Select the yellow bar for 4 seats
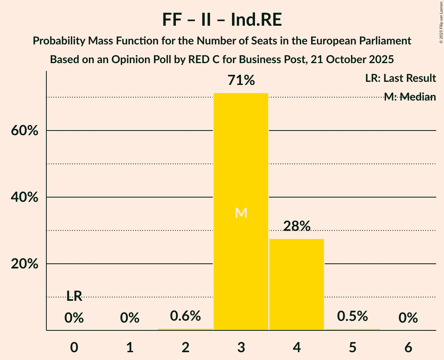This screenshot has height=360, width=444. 297,284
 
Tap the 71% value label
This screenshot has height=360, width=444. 241,81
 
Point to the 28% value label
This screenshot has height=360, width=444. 297,226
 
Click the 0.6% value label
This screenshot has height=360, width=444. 186,316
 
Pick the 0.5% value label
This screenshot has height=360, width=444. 352,316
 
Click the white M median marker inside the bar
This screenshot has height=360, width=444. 241,213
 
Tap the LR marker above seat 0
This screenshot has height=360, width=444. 74,296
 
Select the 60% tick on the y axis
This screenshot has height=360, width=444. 25,131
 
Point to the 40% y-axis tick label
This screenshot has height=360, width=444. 25,198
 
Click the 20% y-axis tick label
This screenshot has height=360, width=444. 25,264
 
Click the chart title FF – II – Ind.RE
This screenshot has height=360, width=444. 222,20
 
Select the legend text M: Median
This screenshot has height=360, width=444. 410,97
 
